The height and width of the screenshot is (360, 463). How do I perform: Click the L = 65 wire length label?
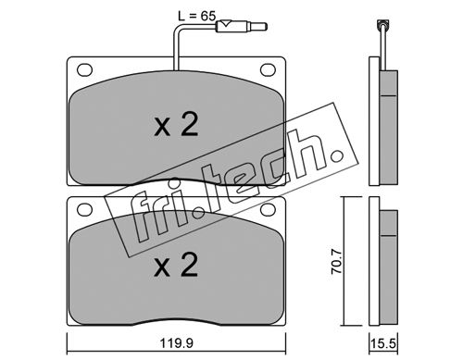(x=196, y=16)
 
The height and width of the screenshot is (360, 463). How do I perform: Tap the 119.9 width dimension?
(x=177, y=343)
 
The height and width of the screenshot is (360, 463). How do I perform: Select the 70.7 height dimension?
(x=337, y=262)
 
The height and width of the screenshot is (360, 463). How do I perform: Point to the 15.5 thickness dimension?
(x=383, y=343)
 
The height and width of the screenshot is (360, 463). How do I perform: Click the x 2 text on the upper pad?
(x=176, y=125)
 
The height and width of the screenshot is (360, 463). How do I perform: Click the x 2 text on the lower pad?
(x=176, y=265)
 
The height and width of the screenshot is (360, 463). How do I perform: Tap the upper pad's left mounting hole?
(x=84, y=69)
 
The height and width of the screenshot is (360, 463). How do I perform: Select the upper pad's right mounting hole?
(x=268, y=69)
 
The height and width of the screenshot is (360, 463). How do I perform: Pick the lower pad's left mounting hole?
(x=84, y=210)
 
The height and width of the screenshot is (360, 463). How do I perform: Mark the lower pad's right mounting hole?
(x=268, y=210)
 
